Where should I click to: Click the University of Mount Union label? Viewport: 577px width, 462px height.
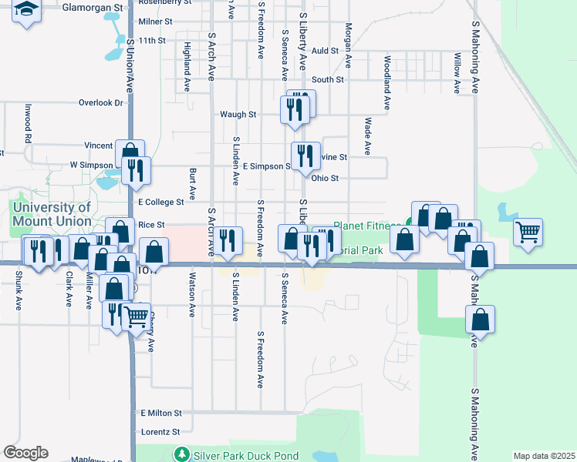coord(51,214)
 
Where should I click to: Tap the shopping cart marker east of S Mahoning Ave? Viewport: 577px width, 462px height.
coord(528,230)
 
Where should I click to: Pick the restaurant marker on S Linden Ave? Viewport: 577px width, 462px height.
coord(227,240)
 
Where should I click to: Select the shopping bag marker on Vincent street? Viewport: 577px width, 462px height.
coord(130,151)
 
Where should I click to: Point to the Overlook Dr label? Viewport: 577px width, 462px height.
coord(101,102)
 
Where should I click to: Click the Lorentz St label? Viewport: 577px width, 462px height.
coord(160,432)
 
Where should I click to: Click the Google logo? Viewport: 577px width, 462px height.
coord(25,453)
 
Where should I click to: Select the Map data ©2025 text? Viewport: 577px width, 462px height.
coord(544,456)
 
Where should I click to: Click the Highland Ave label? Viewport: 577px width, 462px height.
coord(187,59)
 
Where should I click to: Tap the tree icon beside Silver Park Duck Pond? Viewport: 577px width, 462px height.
coord(181,454)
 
